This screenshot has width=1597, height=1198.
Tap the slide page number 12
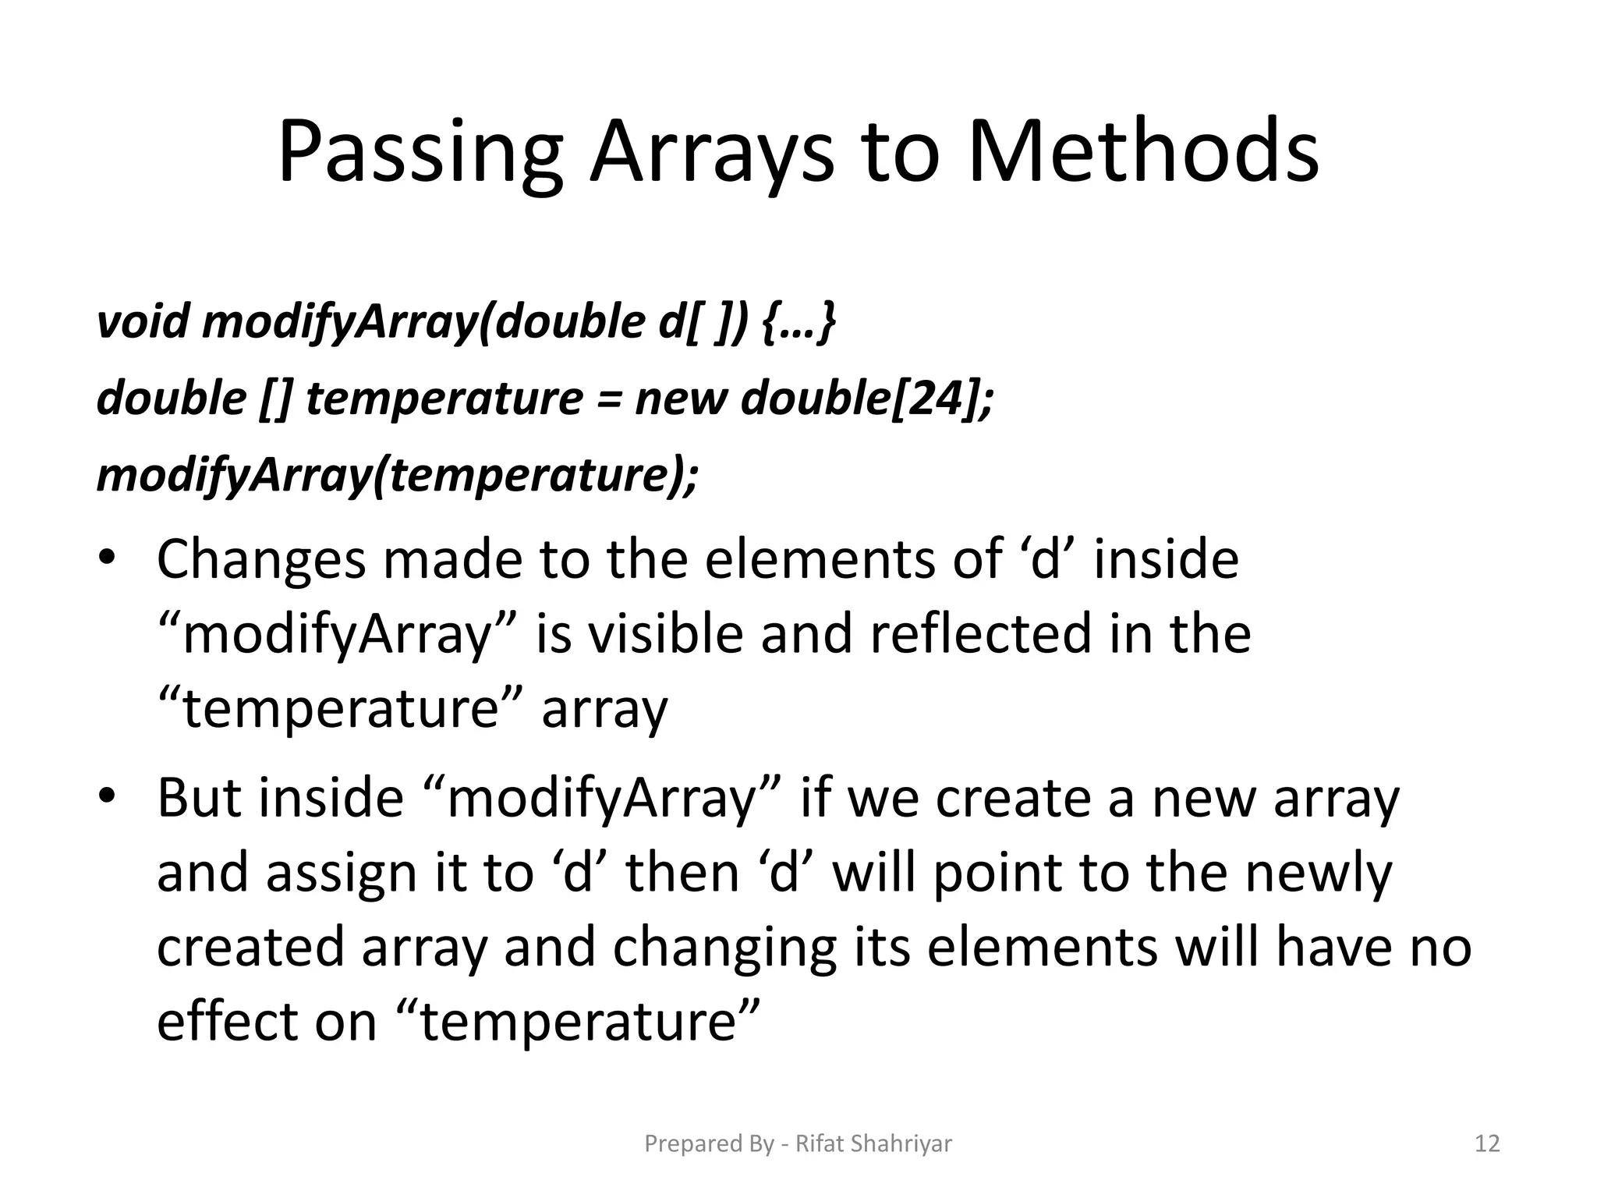click(1487, 1143)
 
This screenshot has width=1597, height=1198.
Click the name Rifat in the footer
click(819, 1143)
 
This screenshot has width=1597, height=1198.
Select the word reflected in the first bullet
click(980, 634)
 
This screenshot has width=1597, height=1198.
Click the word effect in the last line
click(227, 1022)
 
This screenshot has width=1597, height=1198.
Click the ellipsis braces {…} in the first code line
click(799, 321)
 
